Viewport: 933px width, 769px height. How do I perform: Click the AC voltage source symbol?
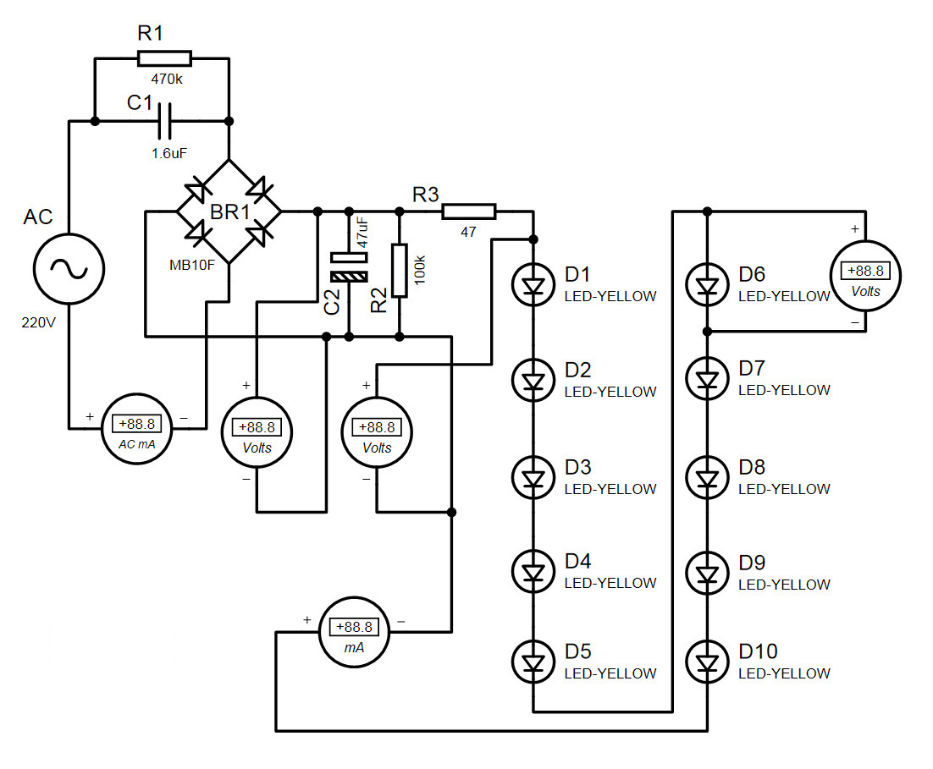[x=69, y=269]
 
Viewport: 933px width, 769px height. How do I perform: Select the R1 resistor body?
[x=165, y=58]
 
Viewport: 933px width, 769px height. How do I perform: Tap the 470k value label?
[x=167, y=79]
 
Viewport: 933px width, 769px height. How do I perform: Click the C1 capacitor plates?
[x=165, y=121]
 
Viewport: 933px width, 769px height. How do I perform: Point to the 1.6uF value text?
[x=169, y=153]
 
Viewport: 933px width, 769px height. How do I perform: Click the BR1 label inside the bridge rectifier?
[x=230, y=211]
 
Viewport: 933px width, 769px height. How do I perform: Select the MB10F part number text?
[x=192, y=266]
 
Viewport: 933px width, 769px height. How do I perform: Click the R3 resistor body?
[x=469, y=211]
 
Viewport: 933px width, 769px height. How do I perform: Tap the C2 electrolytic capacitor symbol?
[x=350, y=267]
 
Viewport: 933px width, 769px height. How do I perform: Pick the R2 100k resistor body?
[x=400, y=271]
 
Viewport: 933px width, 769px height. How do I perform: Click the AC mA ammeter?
[x=137, y=429]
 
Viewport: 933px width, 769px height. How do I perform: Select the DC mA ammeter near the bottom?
[x=354, y=632]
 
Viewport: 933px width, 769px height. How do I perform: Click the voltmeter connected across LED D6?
[x=866, y=276]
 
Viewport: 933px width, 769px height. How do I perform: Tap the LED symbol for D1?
[x=533, y=285]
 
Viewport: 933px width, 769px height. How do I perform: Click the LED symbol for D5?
[x=533, y=662]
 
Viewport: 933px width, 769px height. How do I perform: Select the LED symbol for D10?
[x=708, y=662]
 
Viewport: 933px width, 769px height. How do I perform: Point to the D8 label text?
[x=752, y=468]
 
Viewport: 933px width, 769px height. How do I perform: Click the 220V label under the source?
[x=38, y=323]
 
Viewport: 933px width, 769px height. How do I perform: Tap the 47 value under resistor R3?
[x=468, y=232]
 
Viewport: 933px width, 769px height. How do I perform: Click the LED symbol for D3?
[x=533, y=478]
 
